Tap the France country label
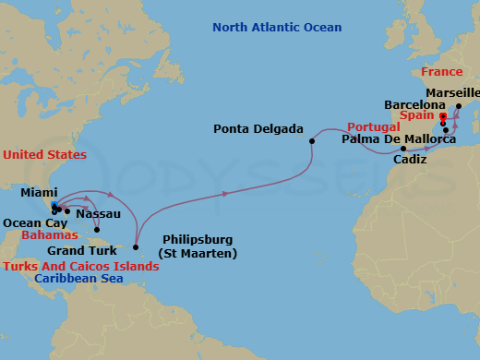tap(441, 71)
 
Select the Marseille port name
tap(453, 93)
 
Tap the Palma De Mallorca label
tap(398, 139)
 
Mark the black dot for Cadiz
tap(403, 148)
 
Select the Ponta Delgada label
tap(258, 128)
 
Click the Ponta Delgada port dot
tap(312, 140)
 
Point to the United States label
tap(44, 154)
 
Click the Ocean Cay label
tap(34, 222)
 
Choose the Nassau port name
tap(98, 213)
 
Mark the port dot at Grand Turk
tap(96, 230)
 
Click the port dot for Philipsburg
tap(135, 246)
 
